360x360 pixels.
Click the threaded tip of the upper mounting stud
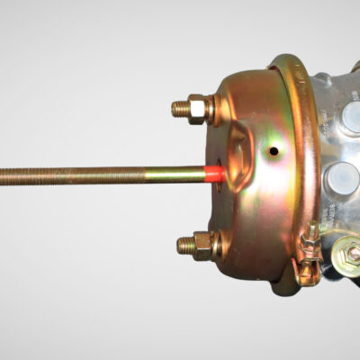coord(177,109)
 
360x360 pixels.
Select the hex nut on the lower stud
coord(200,243)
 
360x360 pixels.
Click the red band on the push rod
coord(215,173)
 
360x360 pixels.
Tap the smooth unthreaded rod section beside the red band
coord(193,174)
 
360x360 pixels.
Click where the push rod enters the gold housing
coord(222,173)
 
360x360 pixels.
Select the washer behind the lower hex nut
coord(213,244)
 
